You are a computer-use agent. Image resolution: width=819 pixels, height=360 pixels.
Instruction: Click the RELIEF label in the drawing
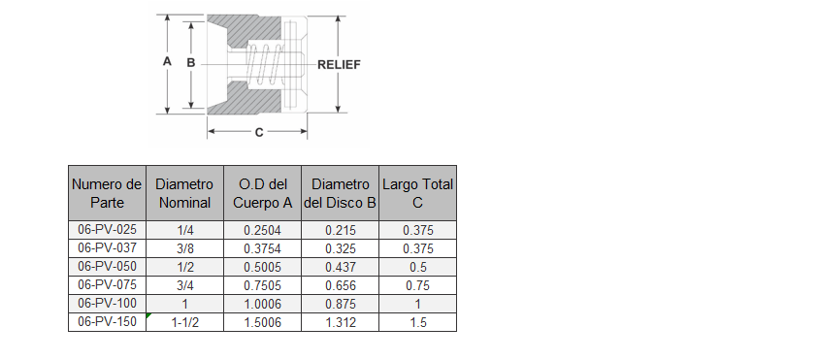click(x=339, y=64)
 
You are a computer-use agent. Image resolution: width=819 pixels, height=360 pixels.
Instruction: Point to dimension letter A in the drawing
click(x=167, y=61)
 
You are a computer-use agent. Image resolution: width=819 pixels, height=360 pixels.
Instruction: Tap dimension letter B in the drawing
click(x=191, y=62)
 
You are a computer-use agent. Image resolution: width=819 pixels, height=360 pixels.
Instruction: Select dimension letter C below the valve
click(x=259, y=133)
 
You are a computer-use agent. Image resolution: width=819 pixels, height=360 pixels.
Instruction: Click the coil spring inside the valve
click(x=265, y=65)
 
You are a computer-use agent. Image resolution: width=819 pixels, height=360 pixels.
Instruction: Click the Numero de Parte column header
click(x=107, y=193)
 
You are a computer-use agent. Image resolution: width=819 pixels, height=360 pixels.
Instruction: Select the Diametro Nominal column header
click(x=184, y=193)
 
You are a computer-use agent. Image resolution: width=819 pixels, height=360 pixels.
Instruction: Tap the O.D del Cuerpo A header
click(x=262, y=193)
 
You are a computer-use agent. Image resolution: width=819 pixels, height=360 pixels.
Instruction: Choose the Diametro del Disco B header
click(x=340, y=193)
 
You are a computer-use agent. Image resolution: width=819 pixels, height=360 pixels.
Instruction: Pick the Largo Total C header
click(x=418, y=193)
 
